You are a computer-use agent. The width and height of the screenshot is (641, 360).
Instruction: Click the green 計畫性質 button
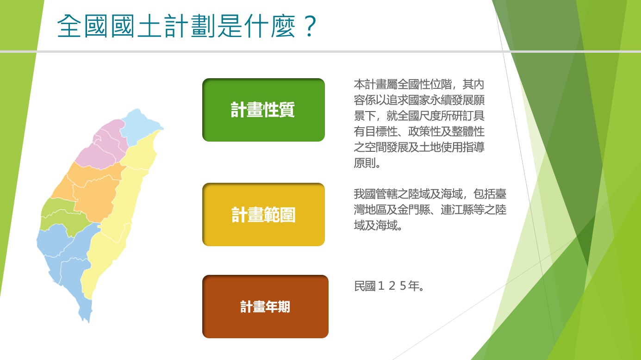[x=263, y=110]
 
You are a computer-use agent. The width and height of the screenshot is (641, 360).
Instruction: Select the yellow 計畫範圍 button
[x=263, y=214]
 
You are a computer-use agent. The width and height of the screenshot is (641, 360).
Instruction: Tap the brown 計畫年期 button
[x=265, y=306]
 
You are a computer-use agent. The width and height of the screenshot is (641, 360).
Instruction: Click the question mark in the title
[x=310, y=26]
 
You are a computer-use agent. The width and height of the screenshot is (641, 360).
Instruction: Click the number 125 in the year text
[x=392, y=286]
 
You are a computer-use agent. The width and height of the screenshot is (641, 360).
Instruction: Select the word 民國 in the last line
[x=365, y=286]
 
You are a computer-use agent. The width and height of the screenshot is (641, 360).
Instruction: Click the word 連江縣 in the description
[x=457, y=210]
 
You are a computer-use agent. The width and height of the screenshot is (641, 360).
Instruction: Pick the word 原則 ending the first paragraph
[x=365, y=163]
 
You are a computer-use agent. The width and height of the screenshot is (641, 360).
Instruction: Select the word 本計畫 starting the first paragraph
[x=370, y=84]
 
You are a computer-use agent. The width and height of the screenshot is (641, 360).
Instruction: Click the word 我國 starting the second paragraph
[x=365, y=194]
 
